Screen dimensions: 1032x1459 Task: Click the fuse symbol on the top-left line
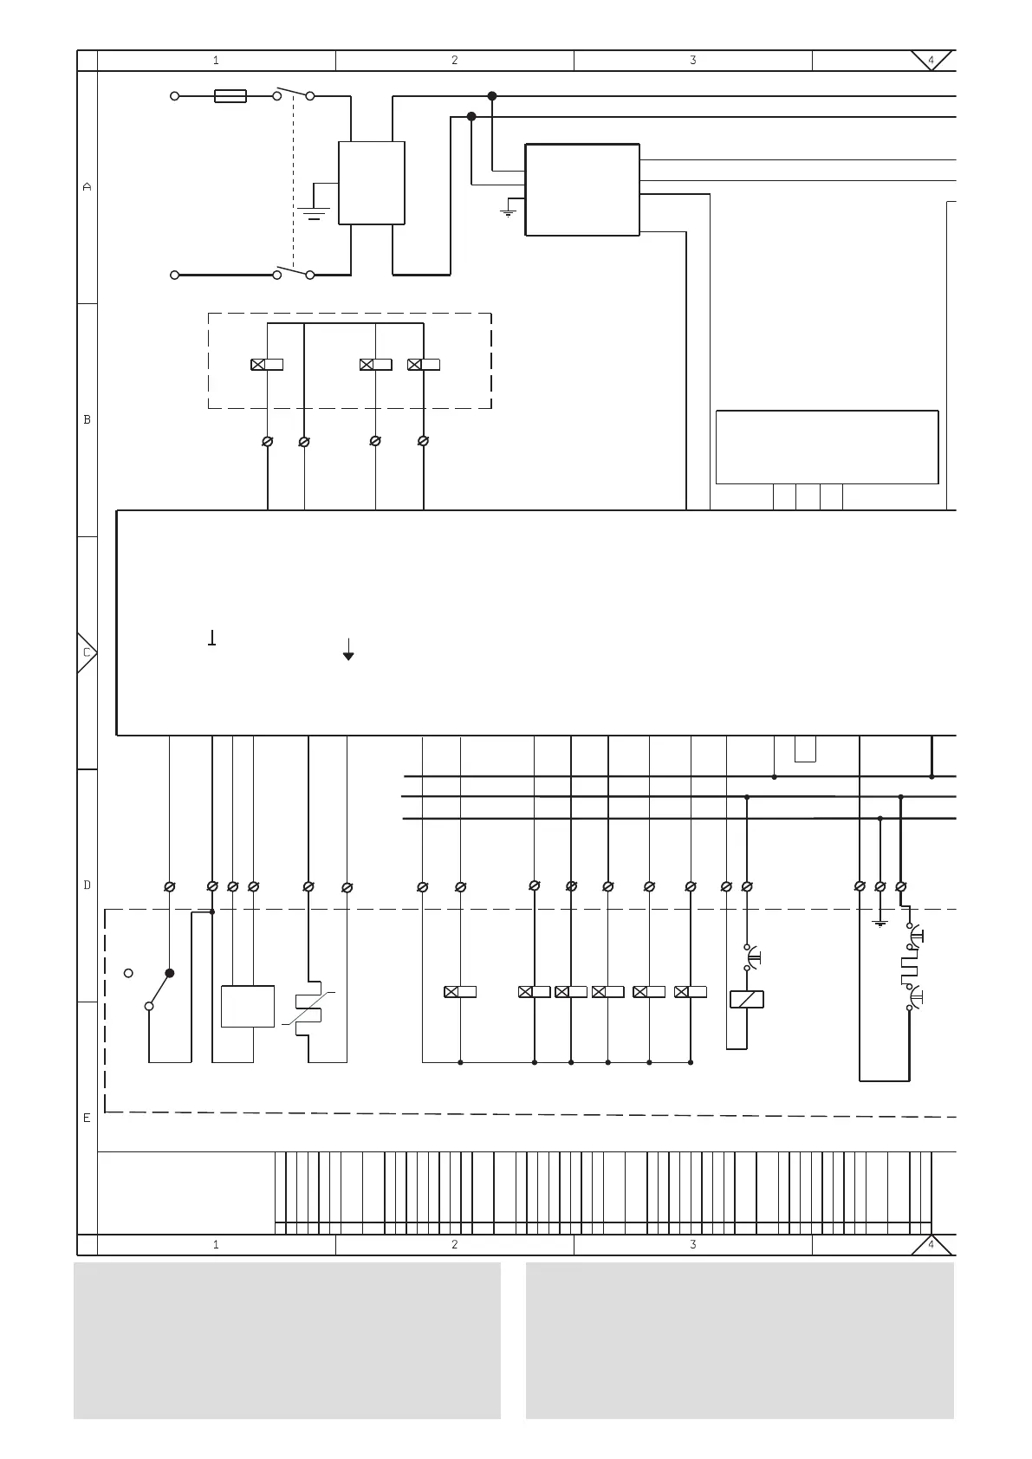tap(230, 96)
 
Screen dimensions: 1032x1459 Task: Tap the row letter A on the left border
tap(88, 187)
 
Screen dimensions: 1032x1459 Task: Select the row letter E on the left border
tap(87, 1118)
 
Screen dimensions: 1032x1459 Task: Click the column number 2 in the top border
tap(455, 60)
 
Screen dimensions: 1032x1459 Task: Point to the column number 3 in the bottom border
tap(693, 1244)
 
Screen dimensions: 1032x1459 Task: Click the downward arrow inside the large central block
tap(348, 650)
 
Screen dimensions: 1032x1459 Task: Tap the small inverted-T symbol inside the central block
tap(211, 638)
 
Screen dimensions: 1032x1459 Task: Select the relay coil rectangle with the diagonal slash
tap(747, 999)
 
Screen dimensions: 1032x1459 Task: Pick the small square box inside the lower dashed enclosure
tap(248, 1007)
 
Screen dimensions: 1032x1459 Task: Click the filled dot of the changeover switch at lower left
tap(169, 973)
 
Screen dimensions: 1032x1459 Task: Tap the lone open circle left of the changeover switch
tap(128, 973)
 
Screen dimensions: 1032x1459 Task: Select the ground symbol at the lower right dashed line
tap(880, 924)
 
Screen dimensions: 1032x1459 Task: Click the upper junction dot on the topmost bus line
tap(492, 96)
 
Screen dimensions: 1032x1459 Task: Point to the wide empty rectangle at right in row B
tap(827, 447)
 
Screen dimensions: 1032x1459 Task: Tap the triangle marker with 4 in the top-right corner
tap(931, 60)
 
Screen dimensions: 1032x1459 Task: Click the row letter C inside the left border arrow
tap(87, 652)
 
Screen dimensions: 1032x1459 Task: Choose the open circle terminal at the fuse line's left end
tap(175, 96)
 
